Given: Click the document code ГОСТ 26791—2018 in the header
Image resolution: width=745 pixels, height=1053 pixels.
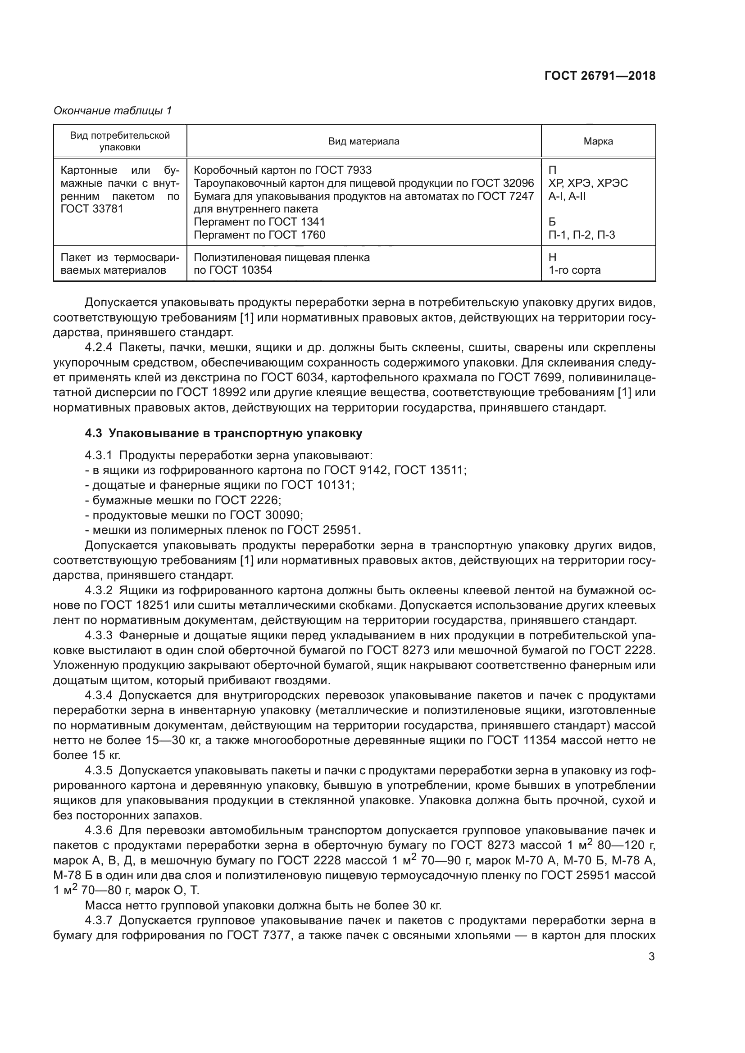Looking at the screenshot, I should pyautogui.click(x=600, y=76).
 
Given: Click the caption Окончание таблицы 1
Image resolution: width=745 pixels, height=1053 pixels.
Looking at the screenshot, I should pyautogui.click(x=113, y=111).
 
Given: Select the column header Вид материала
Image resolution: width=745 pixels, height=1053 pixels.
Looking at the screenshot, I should pyautogui.click(x=363, y=141).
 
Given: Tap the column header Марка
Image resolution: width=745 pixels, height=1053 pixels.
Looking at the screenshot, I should pyautogui.click(x=598, y=141).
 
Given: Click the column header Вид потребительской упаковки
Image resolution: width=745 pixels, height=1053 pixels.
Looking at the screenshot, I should pyautogui.click(x=120, y=141).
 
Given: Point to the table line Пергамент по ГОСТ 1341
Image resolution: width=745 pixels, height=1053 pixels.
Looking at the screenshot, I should pyautogui.click(x=259, y=222).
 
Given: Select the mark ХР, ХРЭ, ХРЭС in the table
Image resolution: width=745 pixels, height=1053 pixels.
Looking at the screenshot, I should pyautogui.click(x=588, y=183).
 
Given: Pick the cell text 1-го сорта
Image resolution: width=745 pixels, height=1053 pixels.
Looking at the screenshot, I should pyautogui.click(x=574, y=270).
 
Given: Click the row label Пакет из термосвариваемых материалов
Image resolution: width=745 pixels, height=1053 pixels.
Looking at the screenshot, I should pyautogui.click(x=120, y=264).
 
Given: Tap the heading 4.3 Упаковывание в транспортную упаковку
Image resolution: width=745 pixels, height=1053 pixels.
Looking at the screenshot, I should pyautogui.click(x=223, y=434).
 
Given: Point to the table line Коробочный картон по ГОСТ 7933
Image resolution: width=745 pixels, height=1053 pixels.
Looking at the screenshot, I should pyautogui.click(x=282, y=170).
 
